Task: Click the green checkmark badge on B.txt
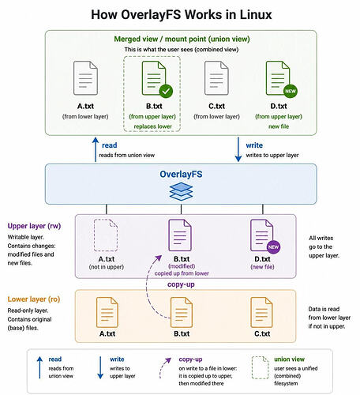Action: pos(166,91)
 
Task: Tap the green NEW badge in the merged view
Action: pos(291,91)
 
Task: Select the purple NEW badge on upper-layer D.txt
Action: pos(273,247)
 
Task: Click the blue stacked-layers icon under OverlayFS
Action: pos(181,191)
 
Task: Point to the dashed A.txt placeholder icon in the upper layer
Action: pos(106,235)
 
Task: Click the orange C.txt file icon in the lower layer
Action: pos(261,312)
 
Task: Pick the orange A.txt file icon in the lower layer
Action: pos(107,312)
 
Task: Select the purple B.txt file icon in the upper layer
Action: pos(180,235)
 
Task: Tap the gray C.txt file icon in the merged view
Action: pos(216,78)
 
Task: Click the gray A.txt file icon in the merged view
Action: pos(85,78)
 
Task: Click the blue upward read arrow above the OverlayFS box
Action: pos(96,149)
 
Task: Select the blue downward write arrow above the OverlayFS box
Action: pos(238,149)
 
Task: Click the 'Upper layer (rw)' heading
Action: pos(34,226)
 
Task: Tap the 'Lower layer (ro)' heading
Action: pos(34,299)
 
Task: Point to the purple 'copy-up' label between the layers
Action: pos(181,284)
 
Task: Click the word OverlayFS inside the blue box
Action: pos(181,174)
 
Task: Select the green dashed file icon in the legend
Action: pos(260,367)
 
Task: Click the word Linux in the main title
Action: pos(256,15)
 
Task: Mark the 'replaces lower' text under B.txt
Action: pos(152,126)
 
